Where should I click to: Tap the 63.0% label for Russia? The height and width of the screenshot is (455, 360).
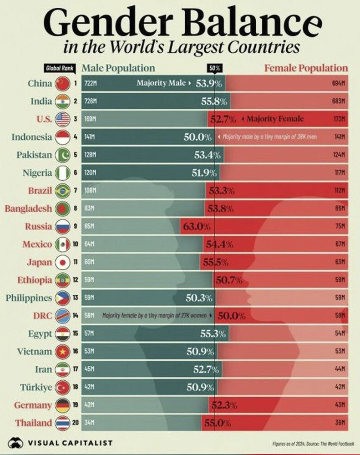[196, 226]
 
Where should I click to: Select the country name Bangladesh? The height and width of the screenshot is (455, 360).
[28, 209]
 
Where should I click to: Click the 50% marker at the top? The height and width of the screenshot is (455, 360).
[214, 68]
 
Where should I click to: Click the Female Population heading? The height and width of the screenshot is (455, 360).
[306, 68]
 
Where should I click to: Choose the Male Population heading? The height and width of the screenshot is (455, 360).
[118, 68]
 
